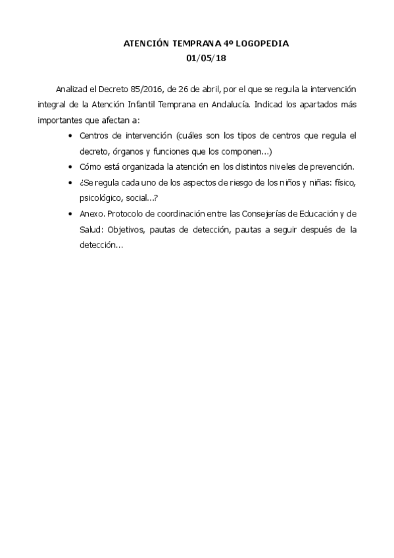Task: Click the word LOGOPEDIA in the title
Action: click(x=261, y=43)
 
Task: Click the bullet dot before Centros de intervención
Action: click(x=70, y=136)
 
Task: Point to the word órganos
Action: click(x=124, y=151)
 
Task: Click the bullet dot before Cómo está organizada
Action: click(x=70, y=167)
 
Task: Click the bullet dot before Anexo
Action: click(x=70, y=214)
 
